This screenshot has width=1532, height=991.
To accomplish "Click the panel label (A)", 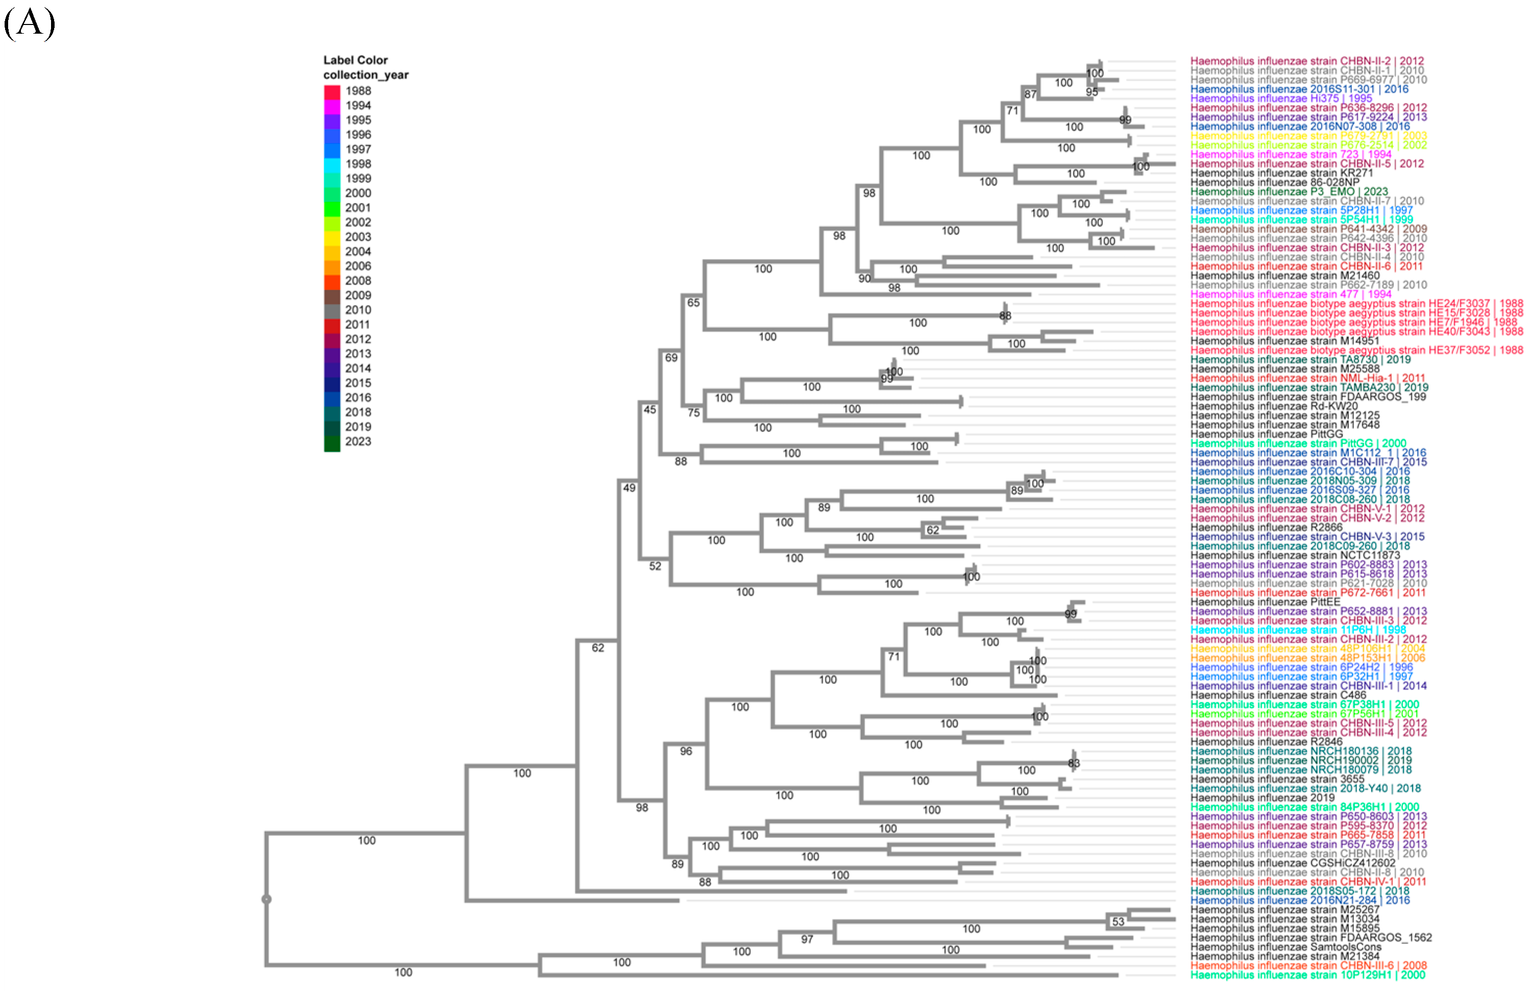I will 29,24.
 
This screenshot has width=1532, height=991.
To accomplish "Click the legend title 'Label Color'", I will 355,60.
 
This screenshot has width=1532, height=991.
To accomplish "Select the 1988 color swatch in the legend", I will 332,91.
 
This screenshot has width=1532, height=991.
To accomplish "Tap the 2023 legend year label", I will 358,442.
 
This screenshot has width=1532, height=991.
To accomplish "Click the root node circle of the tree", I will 266,899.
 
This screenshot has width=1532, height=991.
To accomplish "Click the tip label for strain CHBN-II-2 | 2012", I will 1307,61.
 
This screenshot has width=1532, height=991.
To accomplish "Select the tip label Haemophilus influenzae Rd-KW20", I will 1273,406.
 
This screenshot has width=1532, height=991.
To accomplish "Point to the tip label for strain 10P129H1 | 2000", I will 1307,975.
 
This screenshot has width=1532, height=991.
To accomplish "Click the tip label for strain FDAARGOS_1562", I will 1311,937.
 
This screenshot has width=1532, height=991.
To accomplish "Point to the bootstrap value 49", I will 629,488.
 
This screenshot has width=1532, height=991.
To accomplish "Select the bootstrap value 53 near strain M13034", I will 1118,922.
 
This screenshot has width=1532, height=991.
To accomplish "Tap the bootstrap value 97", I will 806,939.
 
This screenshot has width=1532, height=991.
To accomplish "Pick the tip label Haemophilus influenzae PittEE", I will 1265,602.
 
